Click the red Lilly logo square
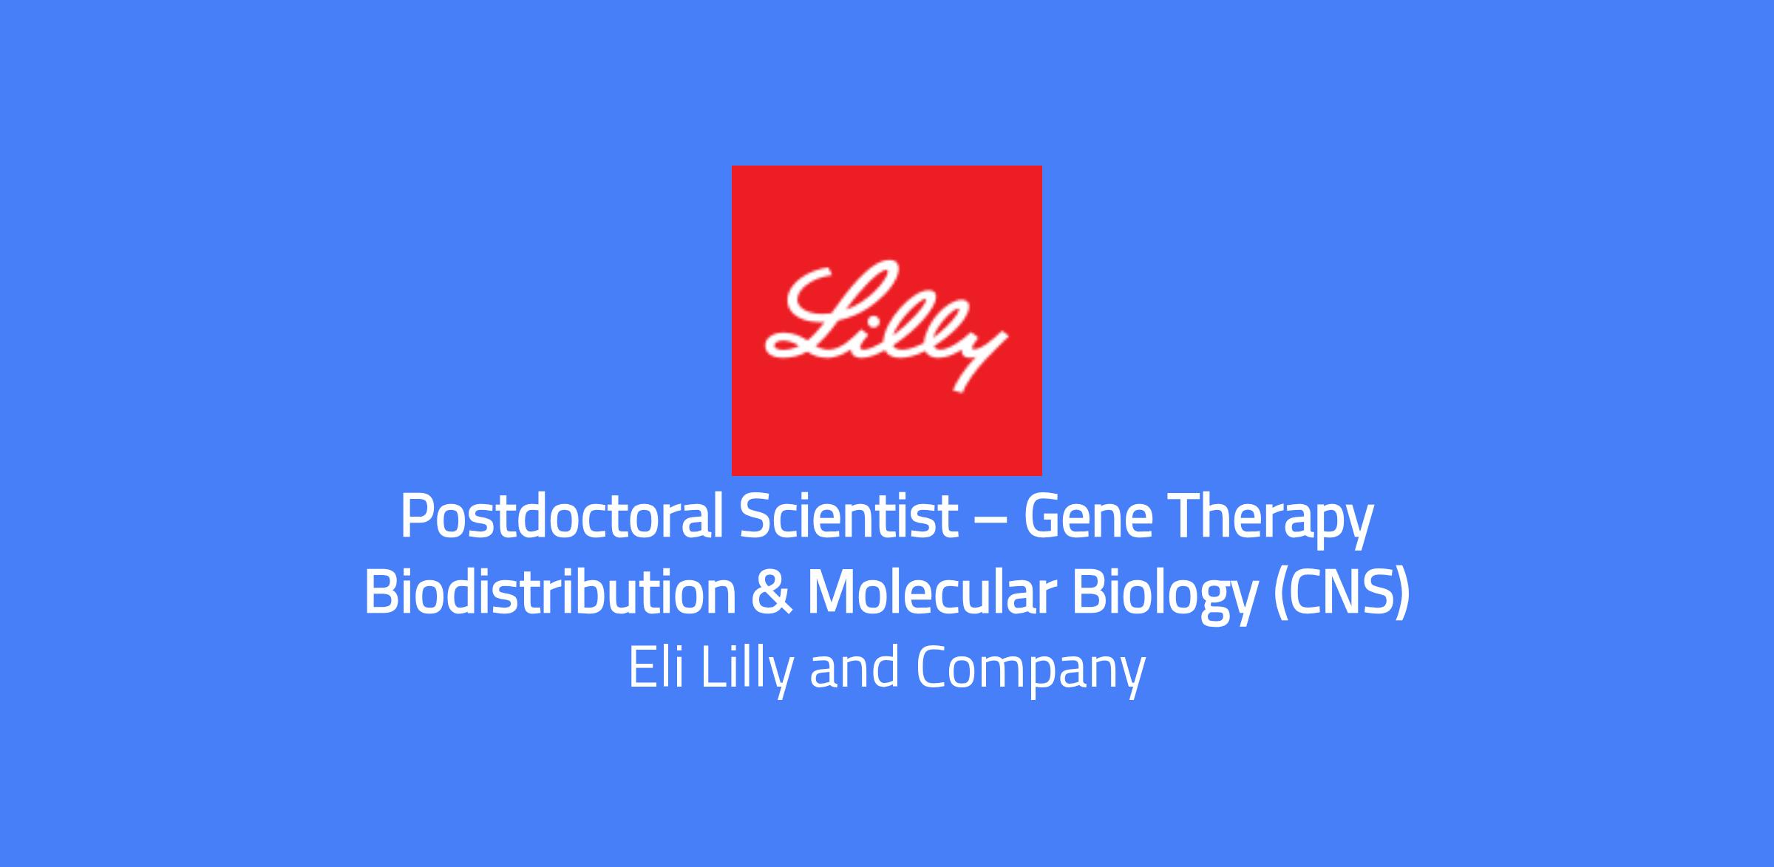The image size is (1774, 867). point(886,320)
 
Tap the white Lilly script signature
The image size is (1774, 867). point(886,325)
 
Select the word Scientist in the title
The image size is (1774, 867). point(849,517)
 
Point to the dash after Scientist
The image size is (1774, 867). point(991,520)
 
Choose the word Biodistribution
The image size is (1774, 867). point(551,593)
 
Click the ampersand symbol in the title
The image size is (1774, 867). point(772,593)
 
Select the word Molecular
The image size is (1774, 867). point(931,593)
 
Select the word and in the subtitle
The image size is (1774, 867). point(855,667)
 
